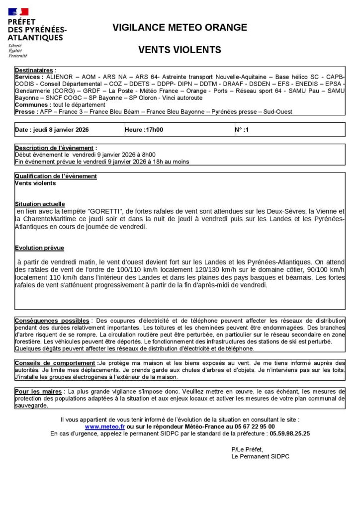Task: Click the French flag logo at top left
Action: tap(18, 11)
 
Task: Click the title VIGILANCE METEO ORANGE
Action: tap(180, 27)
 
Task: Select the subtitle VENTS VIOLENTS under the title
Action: tap(180, 50)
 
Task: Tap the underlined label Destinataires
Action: tap(34, 71)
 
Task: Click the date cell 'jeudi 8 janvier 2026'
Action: tap(52, 130)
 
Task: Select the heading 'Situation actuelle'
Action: tap(40, 204)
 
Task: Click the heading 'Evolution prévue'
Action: tap(39, 248)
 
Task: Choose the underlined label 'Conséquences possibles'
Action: tap(52, 321)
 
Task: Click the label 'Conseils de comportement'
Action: tap(56, 363)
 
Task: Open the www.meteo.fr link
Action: tap(105, 426)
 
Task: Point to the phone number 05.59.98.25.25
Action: tap(289, 433)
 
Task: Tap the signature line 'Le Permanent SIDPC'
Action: tap(260, 456)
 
